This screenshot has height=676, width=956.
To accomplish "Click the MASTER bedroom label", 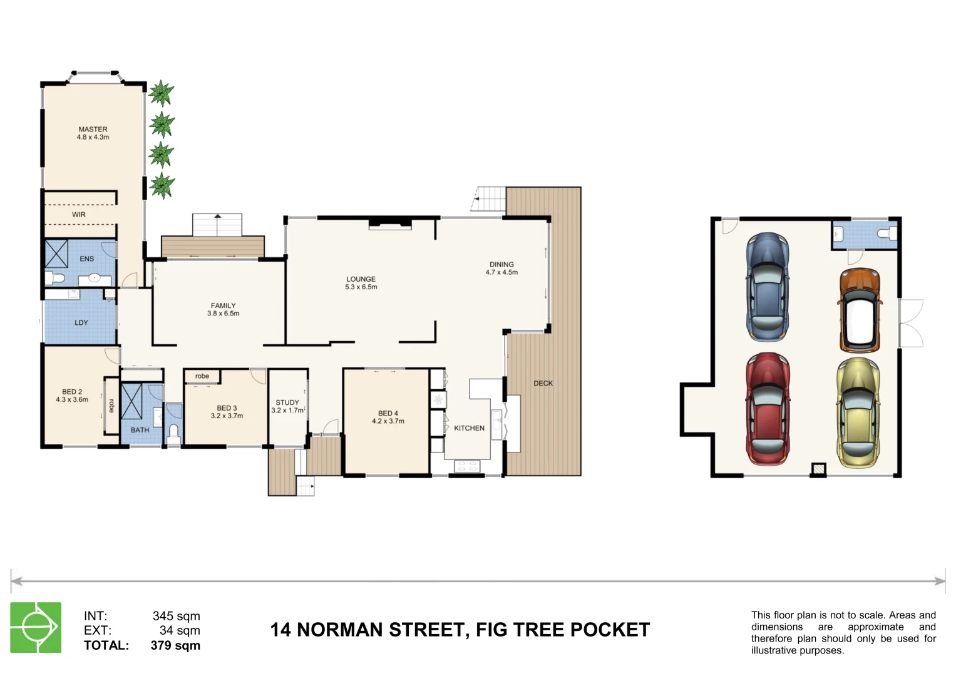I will point(93,130).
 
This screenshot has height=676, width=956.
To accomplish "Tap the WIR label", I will point(79,215).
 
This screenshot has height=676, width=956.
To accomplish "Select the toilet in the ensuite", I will point(56,277).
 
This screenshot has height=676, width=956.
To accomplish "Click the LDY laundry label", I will point(81,323).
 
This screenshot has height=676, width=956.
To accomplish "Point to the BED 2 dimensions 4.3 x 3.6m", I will point(72,399).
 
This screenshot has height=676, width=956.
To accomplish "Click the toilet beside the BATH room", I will point(173,433).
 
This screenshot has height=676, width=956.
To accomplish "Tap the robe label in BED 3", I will point(202,376).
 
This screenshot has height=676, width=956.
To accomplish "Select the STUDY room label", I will point(287,402).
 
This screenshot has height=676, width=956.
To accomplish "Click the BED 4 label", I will point(388,413).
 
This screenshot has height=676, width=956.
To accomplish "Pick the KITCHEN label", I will point(469,428).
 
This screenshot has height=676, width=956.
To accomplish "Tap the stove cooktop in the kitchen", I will point(466,466).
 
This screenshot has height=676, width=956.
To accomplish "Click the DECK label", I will point(543,383).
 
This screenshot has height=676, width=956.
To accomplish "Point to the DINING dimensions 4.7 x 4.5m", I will point(501,272).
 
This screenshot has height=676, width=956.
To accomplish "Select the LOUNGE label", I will point(361,279).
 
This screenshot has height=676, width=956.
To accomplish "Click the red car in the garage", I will point(767,408).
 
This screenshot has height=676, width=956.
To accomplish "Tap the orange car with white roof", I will point(860,309).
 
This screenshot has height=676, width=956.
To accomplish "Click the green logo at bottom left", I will point(36,627).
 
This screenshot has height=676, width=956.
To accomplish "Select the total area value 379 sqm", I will point(175,645).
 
